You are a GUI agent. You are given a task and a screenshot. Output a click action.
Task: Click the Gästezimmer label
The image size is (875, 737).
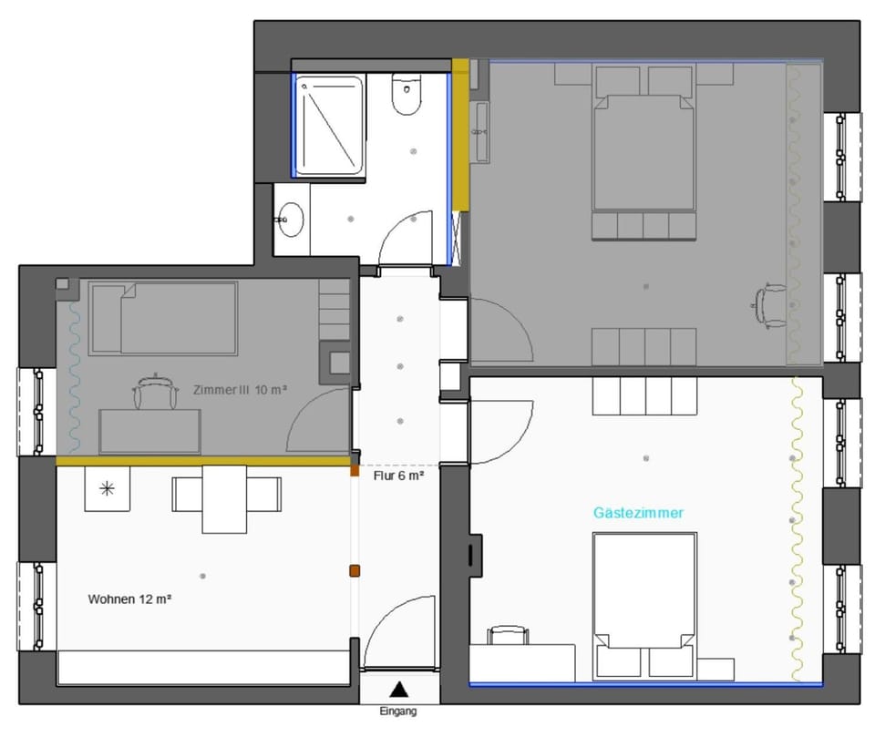(x=638, y=513)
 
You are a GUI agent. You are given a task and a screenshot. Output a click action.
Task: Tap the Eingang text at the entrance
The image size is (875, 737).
(x=397, y=711)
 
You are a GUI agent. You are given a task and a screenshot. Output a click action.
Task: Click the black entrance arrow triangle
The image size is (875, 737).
(x=398, y=690)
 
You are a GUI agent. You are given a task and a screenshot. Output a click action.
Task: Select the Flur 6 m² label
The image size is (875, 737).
(x=398, y=475)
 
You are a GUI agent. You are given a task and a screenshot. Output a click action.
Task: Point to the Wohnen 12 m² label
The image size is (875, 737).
(x=130, y=599)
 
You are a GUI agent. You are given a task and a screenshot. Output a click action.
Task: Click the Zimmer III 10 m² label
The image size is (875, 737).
(x=241, y=389)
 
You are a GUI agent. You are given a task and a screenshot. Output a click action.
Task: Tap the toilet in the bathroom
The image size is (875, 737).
(x=407, y=96)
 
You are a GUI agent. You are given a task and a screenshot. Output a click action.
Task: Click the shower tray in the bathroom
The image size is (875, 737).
(x=329, y=126)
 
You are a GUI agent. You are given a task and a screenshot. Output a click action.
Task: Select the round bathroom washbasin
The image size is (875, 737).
(x=292, y=219)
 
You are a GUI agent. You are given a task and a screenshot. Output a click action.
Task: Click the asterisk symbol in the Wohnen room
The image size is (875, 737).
(x=107, y=489)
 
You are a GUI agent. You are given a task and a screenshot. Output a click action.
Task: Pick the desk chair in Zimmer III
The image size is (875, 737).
(x=156, y=393)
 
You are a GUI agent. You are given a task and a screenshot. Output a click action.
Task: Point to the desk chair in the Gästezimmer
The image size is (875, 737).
(x=508, y=635)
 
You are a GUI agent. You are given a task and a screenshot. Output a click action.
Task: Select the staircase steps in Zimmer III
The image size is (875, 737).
(x=335, y=308)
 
